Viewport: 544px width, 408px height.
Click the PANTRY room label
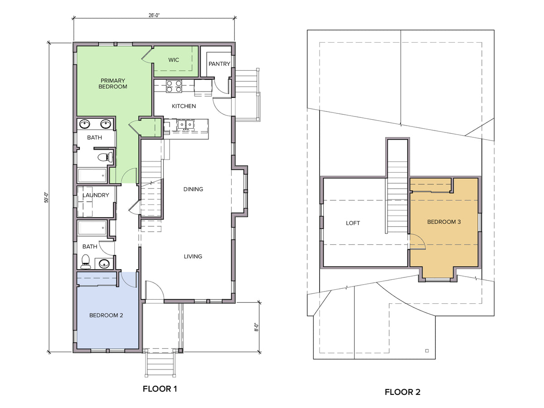tap(219, 64)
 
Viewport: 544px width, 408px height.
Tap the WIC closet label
tap(174, 60)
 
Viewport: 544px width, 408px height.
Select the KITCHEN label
tap(184, 106)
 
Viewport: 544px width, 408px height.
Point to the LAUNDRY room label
tap(96, 195)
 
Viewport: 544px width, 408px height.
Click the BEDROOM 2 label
tap(106, 316)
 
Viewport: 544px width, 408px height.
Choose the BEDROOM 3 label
tap(444, 222)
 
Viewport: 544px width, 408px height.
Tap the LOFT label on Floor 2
tap(353, 223)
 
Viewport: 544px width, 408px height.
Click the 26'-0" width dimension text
tap(154, 15)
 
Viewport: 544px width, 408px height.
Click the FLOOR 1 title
tap(160, 389)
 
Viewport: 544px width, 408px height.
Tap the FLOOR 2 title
tap(403, 392)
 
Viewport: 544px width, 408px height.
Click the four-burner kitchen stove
tap(174, 86)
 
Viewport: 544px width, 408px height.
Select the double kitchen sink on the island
tap(186, 124)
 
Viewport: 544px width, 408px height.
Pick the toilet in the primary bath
tap(105, 157)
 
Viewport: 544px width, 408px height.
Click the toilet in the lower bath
tap(86, 262)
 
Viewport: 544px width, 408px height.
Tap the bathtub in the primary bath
tap(92, 175)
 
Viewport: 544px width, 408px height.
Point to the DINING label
tap(193, 189)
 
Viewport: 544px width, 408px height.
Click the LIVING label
tap(193, 257)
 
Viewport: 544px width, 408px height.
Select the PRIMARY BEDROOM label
tap(113, 83)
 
